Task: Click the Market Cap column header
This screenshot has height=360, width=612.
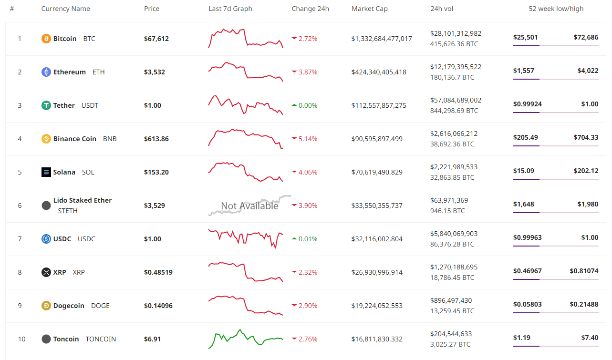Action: [370, 9]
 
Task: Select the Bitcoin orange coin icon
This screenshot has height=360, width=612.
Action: [46, 39]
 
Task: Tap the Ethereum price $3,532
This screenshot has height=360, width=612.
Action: [155, 72]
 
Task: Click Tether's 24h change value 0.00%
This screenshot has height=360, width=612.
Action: [308, 105]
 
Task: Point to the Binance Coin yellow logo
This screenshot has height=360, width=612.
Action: [46, 139]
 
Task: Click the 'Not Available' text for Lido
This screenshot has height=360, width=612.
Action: [249, 206]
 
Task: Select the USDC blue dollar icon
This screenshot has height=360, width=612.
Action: [46, 239]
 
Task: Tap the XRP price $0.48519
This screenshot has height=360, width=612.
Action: [158, 272]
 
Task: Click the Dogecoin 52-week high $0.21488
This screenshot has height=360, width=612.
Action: [584, 304]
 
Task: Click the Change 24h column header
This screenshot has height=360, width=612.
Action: [310, 9]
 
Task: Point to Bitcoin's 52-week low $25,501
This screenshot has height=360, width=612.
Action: [524, 37]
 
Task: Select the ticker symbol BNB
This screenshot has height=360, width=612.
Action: [110, 139]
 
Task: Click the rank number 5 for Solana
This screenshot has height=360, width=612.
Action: [20, 172]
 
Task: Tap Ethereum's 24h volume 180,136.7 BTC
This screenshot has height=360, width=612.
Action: [452, 77]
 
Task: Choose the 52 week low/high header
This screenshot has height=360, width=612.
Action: [556, 9]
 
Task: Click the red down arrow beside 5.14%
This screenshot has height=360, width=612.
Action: [294, 139]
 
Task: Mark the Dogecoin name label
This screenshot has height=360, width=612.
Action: [69, 306]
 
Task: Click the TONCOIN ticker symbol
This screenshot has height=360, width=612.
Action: [101, 339]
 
